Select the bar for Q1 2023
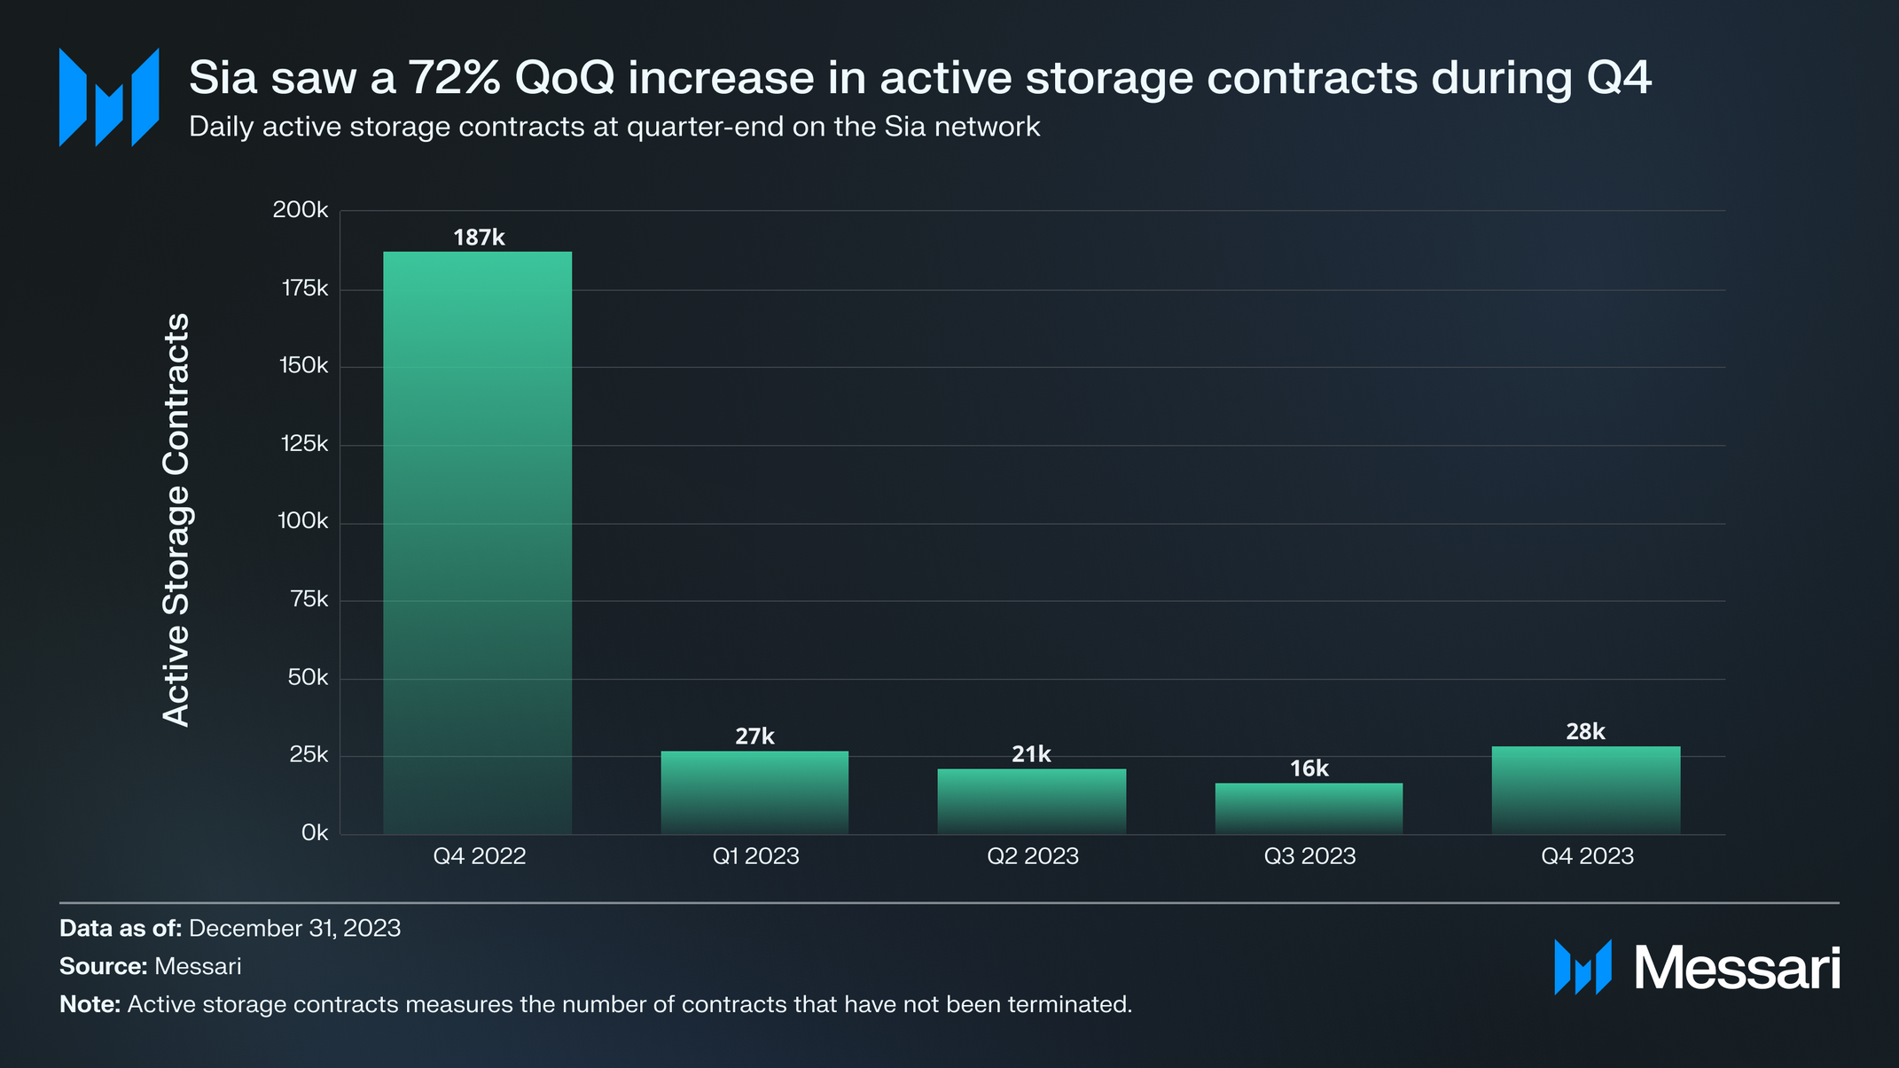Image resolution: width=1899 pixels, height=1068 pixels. (754, 792)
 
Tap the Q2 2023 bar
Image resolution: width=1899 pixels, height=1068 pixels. (1032, 801)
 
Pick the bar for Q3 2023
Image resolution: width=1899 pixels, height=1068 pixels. (1309, 808)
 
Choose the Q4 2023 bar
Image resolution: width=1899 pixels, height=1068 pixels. (1586, 790)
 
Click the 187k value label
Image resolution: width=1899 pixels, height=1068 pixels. (479, 238)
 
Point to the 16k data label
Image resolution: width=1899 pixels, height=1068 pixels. (1309, 768)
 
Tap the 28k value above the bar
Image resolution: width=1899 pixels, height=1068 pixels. (1585, 732)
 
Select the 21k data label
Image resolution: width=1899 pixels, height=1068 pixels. (1031, 754)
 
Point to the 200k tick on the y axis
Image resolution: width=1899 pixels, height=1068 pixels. (301, 210)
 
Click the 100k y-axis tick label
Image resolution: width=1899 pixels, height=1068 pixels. (302, 521)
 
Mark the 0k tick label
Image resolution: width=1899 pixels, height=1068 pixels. (314, 833)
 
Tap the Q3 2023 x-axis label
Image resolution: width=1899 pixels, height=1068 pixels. (1309, 856)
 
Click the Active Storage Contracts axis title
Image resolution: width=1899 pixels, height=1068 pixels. (176, 519)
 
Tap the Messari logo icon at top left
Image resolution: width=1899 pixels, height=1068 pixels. (109, 97)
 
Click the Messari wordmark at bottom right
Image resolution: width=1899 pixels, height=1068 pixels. (1737, 968)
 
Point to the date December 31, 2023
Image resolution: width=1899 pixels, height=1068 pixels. (294, 928)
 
